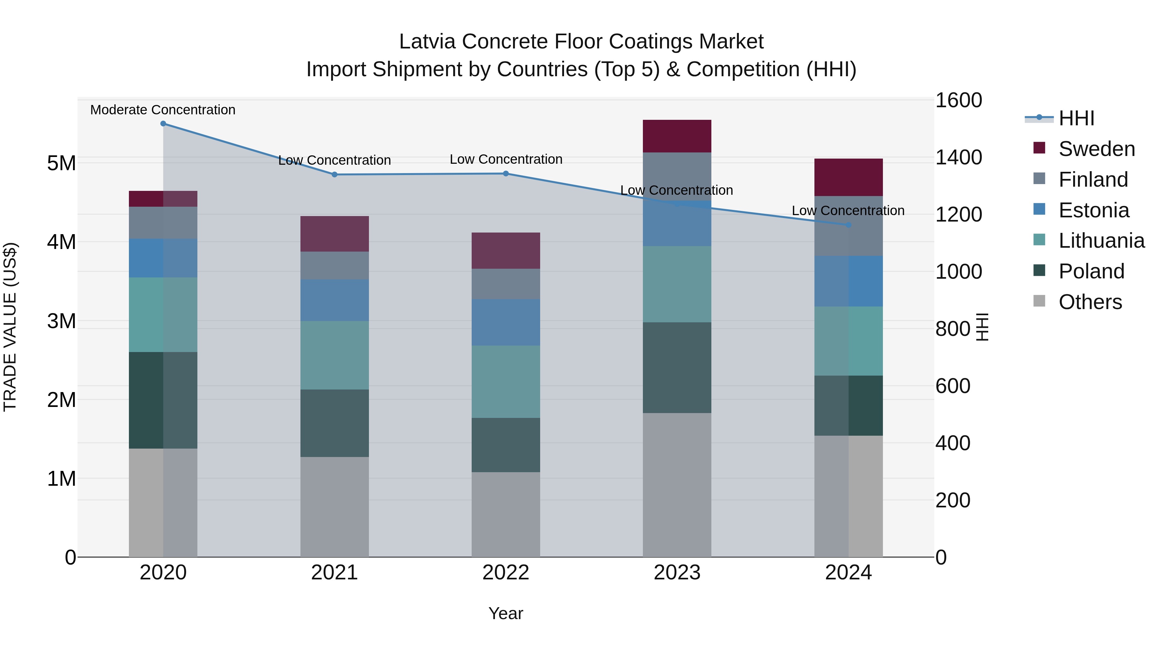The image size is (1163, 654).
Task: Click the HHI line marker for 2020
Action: [x=163, y=124]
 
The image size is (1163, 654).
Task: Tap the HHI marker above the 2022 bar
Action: [x=506, y=174]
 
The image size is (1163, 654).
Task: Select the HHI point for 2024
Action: [x=848, y=225]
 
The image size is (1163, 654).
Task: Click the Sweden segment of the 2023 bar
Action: [x=677, y=136]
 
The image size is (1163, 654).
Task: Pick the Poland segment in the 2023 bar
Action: [x=677, y=368]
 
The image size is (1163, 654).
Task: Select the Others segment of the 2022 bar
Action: [x=506, y=514]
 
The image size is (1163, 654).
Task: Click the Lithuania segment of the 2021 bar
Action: [x=335, y=355]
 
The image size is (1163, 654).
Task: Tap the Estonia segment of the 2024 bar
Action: [x=848, y=281]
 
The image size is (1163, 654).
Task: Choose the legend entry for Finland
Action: [x=1093, y=180]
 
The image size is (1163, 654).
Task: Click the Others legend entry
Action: [x=1090, y=302]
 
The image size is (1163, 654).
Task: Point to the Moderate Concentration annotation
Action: [x=163, y=110]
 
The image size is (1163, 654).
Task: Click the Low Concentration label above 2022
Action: [x=506, y=159]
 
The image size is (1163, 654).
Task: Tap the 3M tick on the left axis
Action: [x=61, y=321]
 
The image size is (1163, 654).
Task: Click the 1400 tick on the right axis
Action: [x=958, y=158]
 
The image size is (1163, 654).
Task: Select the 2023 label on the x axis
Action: [x=677, y=573]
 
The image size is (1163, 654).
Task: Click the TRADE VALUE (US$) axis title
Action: [x=10, y=327]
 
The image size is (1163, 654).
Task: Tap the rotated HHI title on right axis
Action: [x=982, y=327]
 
